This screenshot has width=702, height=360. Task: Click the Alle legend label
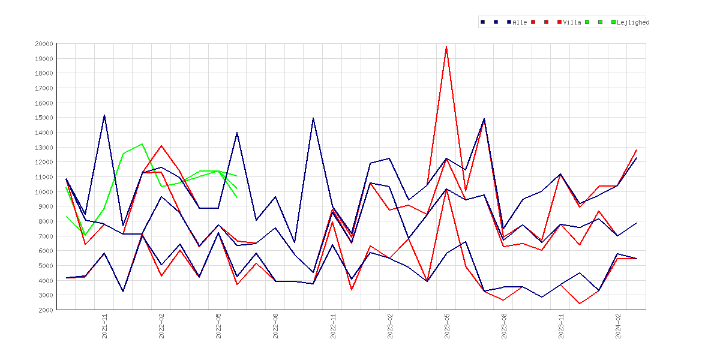(520, 22)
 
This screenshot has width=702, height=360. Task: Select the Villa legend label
(572, 22)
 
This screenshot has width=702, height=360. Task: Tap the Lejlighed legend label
(633, 22)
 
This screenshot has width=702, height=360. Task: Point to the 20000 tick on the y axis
(44, 44)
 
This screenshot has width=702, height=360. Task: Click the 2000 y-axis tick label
(46, 310)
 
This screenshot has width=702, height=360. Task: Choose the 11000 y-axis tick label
(44, 177)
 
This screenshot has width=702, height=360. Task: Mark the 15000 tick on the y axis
(44, 118)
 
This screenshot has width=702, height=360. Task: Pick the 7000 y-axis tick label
(46, 236)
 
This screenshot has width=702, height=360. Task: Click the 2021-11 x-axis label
(104, 326)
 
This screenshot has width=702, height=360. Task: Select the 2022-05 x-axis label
(218, 326)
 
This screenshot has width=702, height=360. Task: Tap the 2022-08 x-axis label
(276, 326)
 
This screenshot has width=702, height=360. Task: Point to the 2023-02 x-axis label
(390, 326)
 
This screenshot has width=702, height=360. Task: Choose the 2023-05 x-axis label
(447, 326)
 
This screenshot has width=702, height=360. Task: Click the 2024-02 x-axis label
(618, 326)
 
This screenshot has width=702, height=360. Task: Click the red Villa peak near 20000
(446, 47)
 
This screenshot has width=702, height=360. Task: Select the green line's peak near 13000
(142, 144)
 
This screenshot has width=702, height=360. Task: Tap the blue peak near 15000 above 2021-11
(104, 115)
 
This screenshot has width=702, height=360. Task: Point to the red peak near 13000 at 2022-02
(161, 146)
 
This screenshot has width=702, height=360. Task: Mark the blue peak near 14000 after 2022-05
(237, 133)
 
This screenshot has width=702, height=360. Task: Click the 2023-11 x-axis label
(561, 326)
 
